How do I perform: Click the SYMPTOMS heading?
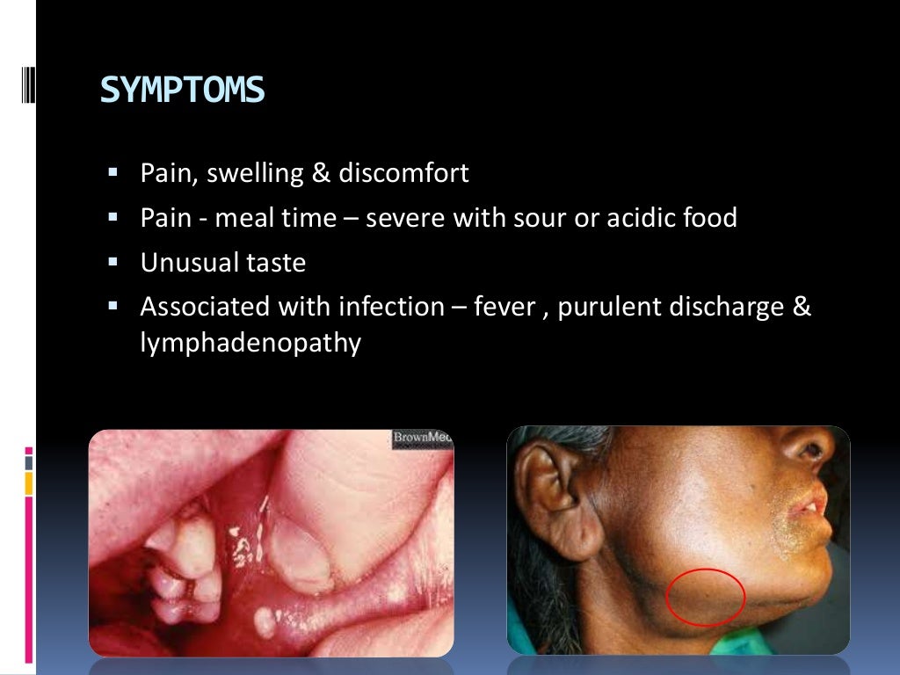coord(182,91)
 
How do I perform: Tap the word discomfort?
coord(402,173)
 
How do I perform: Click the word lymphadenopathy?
coord(250,344)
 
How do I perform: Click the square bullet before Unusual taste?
coord(112,262)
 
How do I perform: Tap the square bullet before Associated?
coord(112,307)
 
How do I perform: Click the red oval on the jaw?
coord(706,597)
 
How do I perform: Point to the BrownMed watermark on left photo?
coord(423,439)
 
